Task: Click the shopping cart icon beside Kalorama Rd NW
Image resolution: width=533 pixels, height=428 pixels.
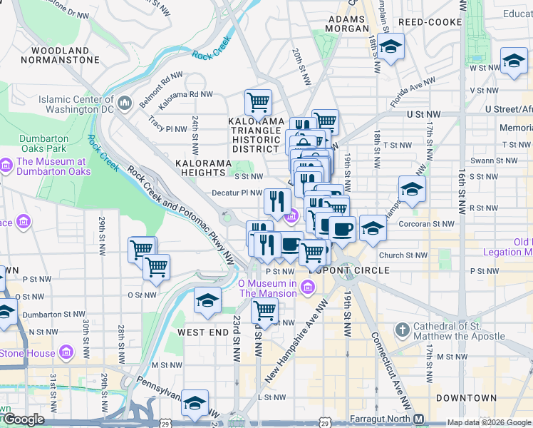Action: [x=257, y=102]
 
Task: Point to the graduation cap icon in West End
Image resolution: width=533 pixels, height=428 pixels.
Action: [x=207, y=300]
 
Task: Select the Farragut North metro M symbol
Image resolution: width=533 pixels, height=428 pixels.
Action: [x=419, y=419]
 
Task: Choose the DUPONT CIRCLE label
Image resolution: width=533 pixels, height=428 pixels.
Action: [x=349, y=270]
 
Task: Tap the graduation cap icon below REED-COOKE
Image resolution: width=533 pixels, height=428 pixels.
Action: [x=390, y=48]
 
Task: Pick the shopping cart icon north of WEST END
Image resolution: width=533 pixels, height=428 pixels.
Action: [x=264, y=310]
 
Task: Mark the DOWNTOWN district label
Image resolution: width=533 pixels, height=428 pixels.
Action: [x=467, y=397]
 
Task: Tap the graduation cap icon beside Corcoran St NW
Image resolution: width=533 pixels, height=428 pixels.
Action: [x=372, y=228]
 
